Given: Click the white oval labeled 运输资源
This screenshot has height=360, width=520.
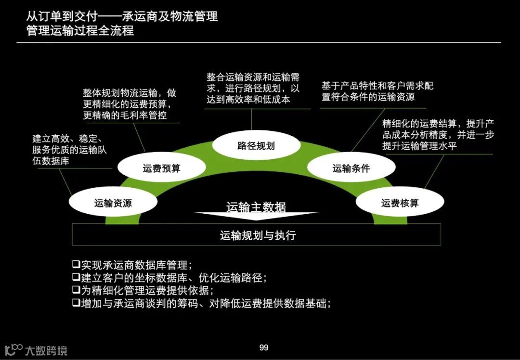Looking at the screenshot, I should (113, 203).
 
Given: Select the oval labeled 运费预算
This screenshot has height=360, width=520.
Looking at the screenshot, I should (161, 168).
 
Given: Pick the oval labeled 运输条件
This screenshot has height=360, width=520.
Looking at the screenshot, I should (351, 168).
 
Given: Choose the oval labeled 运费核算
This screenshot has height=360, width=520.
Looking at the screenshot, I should (400, 203).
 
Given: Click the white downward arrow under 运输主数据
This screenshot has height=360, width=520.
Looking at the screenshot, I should (256, 217).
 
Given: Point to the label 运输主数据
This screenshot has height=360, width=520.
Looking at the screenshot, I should (256, 207).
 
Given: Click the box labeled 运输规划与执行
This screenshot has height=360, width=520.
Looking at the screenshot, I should (256, 235).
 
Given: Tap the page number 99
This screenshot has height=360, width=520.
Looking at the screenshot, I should (264, 347).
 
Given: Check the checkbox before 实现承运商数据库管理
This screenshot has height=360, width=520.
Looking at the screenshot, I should (76, 264).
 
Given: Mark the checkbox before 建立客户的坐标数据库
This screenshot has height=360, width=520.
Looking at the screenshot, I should (76, 277).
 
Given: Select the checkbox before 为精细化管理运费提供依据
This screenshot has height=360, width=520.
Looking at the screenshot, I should (76, 290).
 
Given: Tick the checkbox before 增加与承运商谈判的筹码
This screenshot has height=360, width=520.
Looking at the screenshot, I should (76, 303).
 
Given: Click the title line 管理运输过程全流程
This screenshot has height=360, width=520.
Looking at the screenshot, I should (80, 31).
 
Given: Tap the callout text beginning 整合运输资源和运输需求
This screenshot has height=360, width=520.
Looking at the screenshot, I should (253, 89).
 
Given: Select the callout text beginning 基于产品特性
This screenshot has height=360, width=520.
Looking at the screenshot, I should (377, 91).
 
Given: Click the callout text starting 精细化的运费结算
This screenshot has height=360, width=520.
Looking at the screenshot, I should (438, 135).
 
